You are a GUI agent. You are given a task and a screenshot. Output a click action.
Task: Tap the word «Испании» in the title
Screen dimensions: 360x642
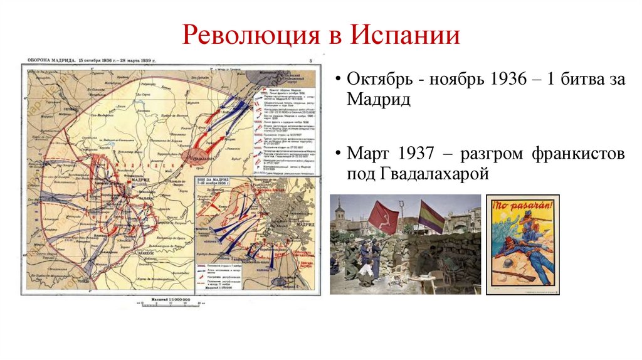pyautogui.click(x=404, y=35)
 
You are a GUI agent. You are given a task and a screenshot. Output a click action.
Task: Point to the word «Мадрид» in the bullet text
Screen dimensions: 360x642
pyautogui.click(x=378, y=99)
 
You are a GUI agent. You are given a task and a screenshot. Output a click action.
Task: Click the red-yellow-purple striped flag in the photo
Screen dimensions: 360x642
pyautogui.click(x=431, y=215)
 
